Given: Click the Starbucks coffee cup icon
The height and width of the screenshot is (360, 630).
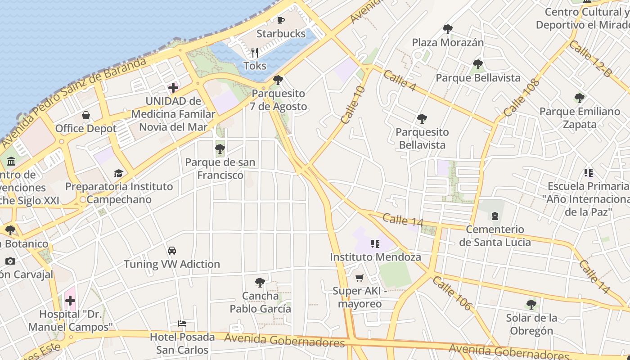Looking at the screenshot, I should [x=281, y=20].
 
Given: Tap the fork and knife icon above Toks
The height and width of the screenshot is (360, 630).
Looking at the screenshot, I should [x=255, y=53].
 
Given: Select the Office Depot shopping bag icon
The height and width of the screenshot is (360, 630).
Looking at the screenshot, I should [x=86, y=115].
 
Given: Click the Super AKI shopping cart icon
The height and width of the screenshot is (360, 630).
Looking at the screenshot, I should [x=359, y=278].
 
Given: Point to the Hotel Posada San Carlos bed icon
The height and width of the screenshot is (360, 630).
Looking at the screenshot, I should [x=182, y=324].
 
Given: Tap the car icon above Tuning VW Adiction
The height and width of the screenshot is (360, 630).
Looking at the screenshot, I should [x=172, y=251].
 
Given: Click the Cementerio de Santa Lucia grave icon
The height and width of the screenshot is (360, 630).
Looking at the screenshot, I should [x=495, y=216].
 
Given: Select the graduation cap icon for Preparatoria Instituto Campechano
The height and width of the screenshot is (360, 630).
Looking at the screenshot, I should [x=119, y=173].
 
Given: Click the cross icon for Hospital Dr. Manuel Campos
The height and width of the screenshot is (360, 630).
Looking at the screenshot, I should [x=70, y=301].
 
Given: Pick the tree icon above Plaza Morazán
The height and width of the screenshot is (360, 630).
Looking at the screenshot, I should [x=447, y=29].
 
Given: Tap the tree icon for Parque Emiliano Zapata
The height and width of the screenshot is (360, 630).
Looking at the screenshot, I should [x=580, y=98].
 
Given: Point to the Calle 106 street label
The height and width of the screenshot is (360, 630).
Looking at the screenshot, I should [x=452, y=293].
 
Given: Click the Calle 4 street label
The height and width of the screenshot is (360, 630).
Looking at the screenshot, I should [x=400, y=81].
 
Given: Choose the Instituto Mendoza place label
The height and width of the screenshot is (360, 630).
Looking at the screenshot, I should [x=375, y=257].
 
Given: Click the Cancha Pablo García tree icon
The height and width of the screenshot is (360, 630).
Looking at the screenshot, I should [x=260, y=283].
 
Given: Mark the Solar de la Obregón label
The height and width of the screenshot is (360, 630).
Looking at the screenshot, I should [x=531, y=324].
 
